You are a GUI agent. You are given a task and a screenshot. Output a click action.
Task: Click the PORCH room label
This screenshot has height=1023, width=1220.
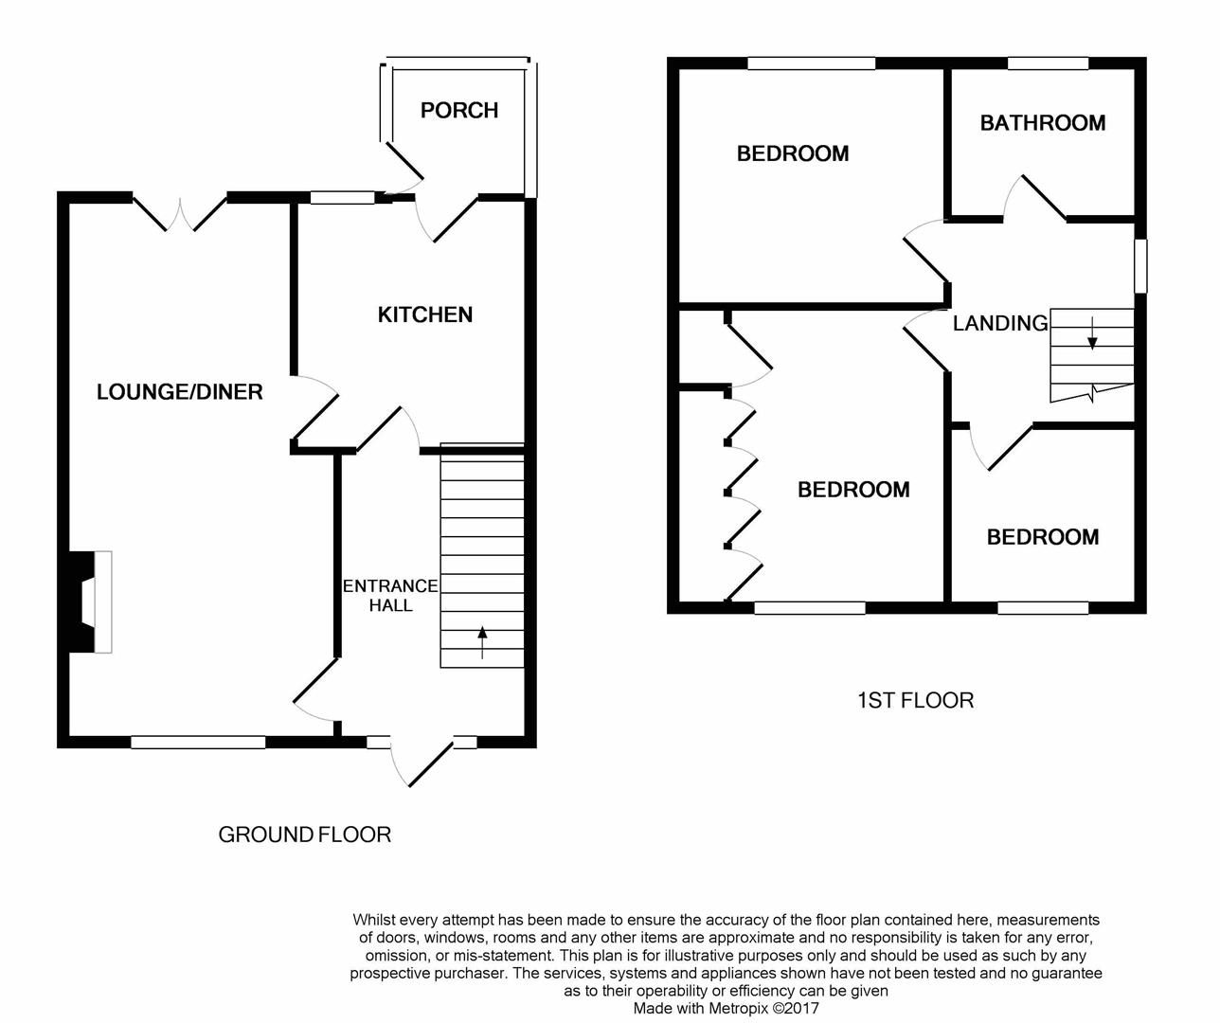tap(459, 111)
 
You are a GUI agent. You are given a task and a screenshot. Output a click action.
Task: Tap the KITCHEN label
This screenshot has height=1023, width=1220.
tap(424, 314)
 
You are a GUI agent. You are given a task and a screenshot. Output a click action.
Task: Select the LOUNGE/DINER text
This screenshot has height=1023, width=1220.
tap(179, 392)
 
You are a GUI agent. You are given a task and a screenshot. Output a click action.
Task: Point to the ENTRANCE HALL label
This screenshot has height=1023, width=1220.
tap(390, 596)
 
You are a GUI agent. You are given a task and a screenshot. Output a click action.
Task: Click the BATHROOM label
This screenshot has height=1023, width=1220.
tap(1042, 123)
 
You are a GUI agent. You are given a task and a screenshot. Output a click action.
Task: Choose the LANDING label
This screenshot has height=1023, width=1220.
tap(1000, 323)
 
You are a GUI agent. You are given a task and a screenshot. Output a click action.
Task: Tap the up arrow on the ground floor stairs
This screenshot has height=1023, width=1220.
tap(482, 642)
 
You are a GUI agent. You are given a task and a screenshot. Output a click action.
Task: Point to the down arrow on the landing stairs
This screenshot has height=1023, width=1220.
tap(1091, 333)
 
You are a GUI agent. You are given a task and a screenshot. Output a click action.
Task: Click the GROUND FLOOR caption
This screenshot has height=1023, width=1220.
tap(304, 835)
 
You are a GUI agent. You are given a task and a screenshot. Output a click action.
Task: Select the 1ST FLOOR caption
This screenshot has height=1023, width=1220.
tap(916, 701)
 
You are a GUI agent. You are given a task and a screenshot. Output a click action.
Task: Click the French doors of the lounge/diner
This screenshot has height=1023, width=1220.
tap(180, 213)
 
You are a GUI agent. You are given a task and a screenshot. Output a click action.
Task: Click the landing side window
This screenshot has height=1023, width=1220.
tap(1139, 265)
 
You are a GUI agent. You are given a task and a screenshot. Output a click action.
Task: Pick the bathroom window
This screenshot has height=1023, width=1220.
tap(1049, 63)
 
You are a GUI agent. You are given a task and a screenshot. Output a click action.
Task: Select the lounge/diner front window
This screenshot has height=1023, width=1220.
tap(198, 742)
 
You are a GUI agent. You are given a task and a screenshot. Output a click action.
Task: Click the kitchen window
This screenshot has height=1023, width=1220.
tap(342, 198)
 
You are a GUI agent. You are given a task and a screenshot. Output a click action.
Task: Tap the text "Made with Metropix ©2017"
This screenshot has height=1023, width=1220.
tap(727, 1008)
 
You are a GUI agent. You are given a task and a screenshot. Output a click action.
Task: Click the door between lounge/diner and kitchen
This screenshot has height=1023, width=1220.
tap(314, 408)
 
